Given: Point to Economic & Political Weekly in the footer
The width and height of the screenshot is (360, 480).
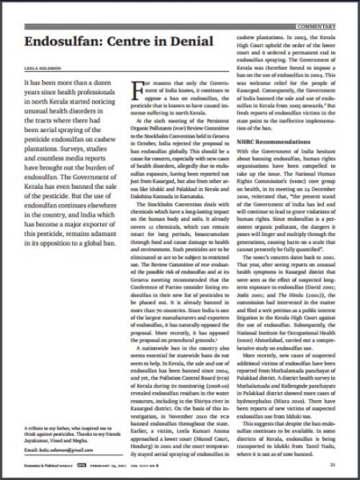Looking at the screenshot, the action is point(40,465).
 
